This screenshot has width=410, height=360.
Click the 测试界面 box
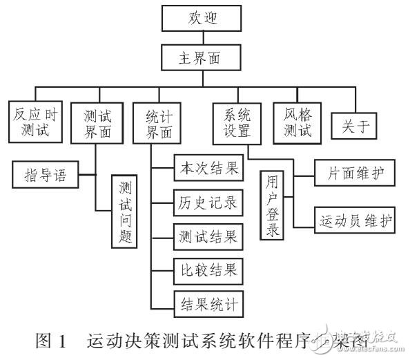point(95,122)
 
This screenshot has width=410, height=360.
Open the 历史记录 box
point(205,202)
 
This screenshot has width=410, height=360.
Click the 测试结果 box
point(205,236)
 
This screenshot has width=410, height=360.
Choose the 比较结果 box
point(205,270)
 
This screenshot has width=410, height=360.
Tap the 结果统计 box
point(205,303)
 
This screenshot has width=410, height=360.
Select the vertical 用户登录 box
point(274,205)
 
